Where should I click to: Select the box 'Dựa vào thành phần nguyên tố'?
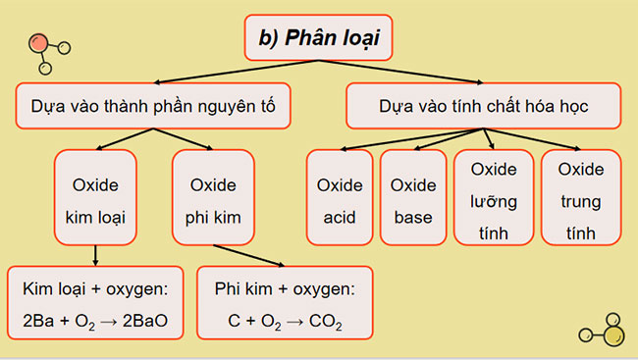click(x=154, y=105)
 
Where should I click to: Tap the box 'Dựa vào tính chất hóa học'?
click(x=483, y=105)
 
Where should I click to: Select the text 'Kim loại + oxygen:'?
click(x=95, y=289)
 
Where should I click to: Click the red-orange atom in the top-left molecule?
click(x=39, y=43)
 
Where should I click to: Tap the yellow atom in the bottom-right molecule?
click(x=613, y=337)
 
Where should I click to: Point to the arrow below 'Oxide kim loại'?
click(x=95, y=256)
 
